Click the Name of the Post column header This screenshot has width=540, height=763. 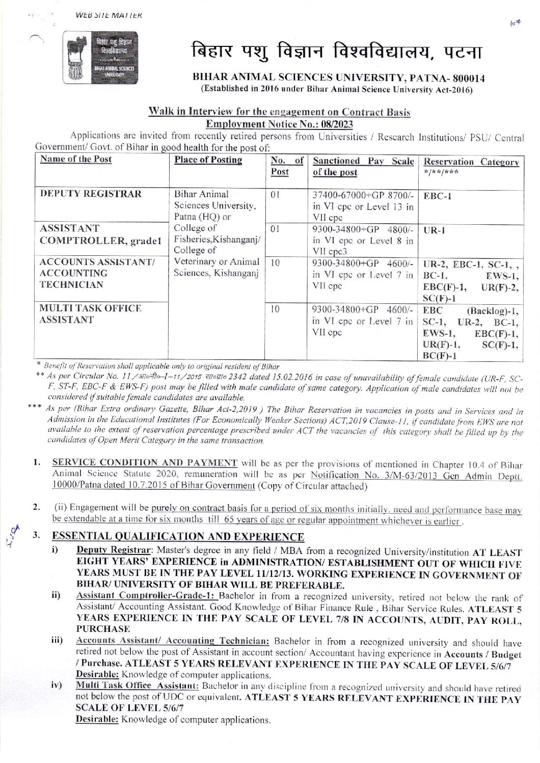pos(76,159)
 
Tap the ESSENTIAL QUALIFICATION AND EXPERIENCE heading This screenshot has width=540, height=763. pos(178,536)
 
